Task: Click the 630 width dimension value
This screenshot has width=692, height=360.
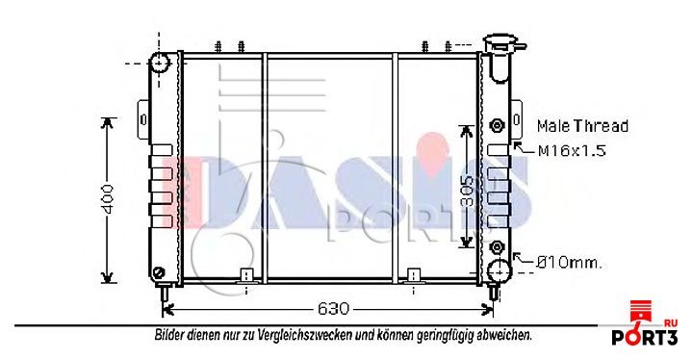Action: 333,308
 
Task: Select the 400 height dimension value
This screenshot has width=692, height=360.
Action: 107,199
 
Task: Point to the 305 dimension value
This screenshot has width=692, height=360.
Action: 467,192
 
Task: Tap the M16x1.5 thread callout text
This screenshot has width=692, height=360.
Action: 572,151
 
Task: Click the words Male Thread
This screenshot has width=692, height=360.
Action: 582,126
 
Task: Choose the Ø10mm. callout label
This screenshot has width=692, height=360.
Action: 569,264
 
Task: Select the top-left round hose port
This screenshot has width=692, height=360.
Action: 160,63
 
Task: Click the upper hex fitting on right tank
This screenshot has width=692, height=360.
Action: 498,125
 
